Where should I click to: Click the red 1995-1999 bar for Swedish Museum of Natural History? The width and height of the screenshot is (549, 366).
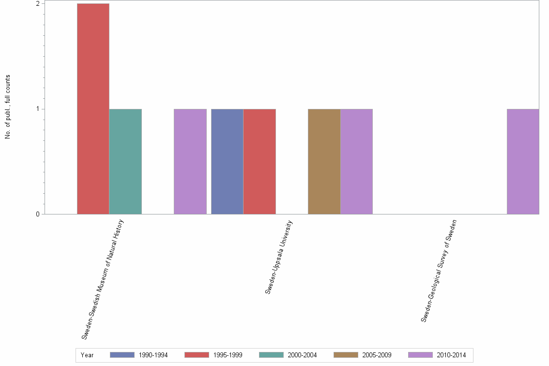pos(93,108)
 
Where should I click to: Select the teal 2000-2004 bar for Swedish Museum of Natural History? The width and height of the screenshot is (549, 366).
pos(125,161)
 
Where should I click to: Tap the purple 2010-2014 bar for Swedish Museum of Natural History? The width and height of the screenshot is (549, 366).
pos(190,161)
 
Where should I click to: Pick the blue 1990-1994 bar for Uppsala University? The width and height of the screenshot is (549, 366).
pos(227,161)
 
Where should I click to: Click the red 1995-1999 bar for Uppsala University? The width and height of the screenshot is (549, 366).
pos(259,161)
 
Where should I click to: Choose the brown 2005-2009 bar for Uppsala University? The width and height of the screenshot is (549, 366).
pos(324,161)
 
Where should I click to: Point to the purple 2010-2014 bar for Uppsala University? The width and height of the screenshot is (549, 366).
pos(356,161)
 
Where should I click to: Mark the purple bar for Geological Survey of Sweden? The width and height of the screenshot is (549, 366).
pos(522,161)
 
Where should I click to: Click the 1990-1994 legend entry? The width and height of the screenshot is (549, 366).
pos(139,355)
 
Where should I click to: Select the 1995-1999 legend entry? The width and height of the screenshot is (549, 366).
pos(213,355)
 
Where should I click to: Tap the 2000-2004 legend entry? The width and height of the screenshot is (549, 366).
pos(288,355)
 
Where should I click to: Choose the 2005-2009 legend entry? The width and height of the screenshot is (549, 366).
pos(363,355)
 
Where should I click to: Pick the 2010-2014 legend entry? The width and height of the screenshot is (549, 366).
pos(437,355)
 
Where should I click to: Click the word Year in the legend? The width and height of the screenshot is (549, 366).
pos(88,355)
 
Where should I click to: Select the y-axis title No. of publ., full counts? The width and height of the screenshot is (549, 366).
pos(8,107)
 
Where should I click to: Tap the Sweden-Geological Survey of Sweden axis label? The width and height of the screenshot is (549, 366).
pos(439,271)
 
